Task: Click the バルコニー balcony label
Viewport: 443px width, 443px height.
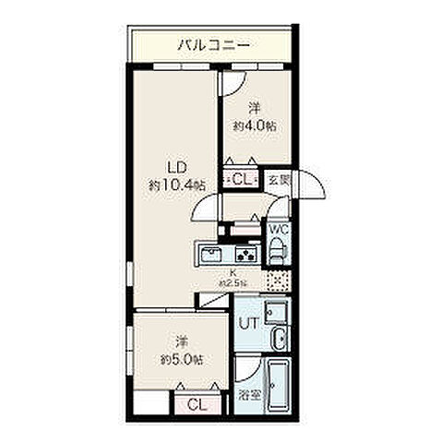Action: tap(213, 43)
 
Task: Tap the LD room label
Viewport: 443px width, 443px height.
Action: tap(177, 167)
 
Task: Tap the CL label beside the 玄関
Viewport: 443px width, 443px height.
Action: tap(244, 180)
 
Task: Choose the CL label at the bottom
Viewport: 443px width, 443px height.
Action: tap(197, 404)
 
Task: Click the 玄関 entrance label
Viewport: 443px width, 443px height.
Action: tap(278, 182)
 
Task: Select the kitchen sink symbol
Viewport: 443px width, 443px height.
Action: tap(208, 255)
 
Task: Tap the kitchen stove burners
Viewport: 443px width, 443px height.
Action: tap(246, 255)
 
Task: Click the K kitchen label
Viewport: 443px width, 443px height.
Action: tap(233, 273)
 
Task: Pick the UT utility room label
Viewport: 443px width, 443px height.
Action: tap(247, 324)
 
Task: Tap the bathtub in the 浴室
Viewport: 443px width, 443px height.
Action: tap(277, 389)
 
